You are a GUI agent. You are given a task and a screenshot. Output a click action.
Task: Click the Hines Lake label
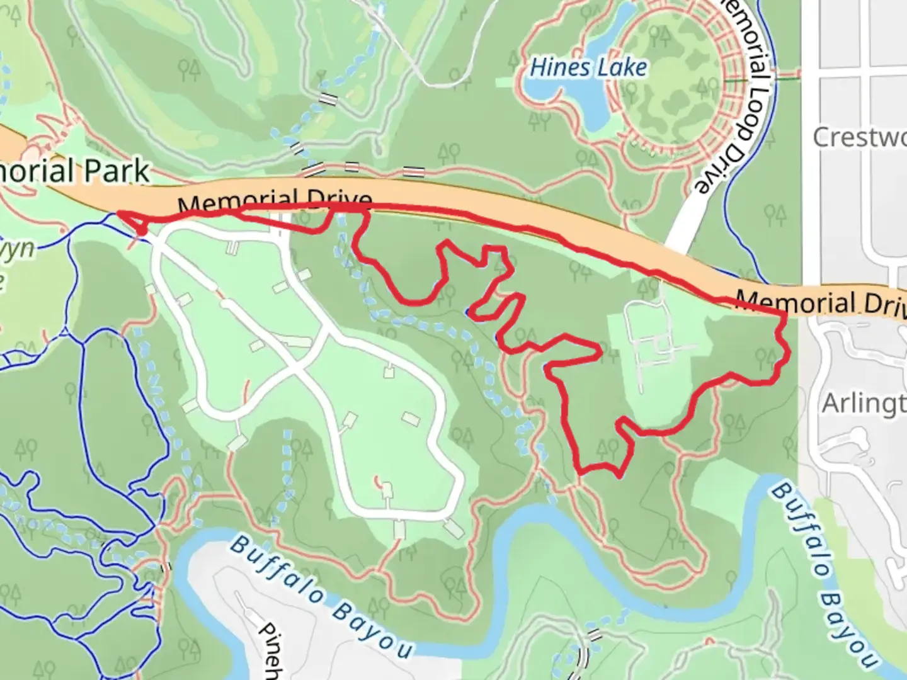click(588, 67)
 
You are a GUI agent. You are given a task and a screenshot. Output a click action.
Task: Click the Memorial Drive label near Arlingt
click(819, 303)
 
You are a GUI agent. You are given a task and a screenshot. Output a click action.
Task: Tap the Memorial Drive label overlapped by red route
click(275, 203)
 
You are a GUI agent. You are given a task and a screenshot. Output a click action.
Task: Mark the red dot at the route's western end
click(143, 232)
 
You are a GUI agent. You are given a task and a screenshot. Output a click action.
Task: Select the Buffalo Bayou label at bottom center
click(321, 595)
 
